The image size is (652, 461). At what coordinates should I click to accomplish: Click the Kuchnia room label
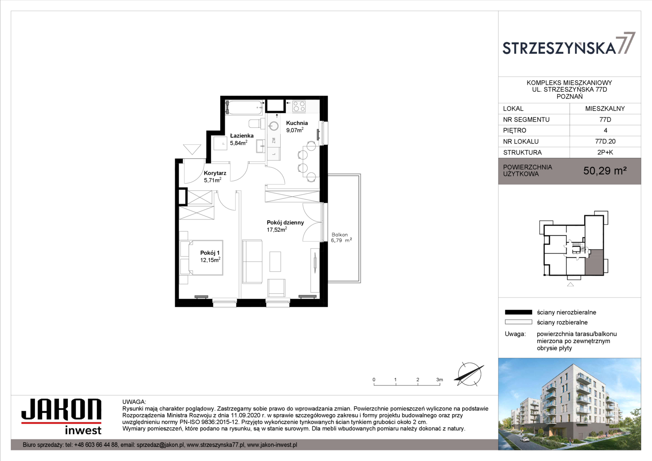point(297,123)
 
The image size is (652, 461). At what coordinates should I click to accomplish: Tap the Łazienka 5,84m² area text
point(239,143)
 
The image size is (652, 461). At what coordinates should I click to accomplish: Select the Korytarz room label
point(215,173)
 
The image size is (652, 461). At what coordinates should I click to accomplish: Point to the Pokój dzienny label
point(285,222)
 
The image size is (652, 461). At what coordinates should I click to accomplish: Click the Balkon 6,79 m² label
point(341,237)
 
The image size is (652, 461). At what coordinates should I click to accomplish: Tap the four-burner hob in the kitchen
point(299,106)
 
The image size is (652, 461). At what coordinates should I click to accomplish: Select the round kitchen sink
point(274,126)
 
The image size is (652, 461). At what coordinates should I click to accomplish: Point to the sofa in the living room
point(252,262)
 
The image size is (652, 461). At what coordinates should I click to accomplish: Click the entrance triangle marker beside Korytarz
point(192,149)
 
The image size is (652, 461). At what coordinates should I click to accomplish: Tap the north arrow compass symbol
point(469,374)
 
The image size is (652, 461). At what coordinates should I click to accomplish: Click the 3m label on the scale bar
point(440,379)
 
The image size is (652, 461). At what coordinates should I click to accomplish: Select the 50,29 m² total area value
point(605,171)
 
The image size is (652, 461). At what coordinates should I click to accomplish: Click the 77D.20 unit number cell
point(605,142)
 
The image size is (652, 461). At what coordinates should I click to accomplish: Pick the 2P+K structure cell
point(605,152)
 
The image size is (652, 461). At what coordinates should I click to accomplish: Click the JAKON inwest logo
point(61,417)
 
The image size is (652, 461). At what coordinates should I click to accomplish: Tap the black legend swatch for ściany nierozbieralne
point(518,312)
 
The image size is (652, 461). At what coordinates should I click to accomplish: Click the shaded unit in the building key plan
point(594,262)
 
